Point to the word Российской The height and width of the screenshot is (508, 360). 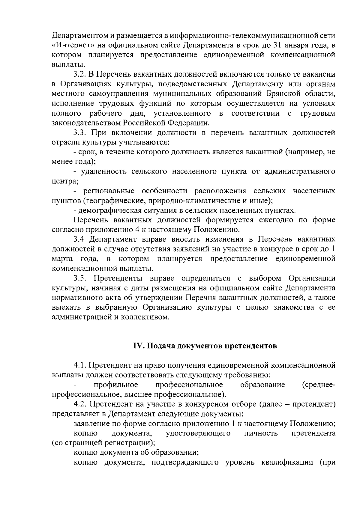click(x=144, y=123)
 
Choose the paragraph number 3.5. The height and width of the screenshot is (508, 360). click(x=81, y=278)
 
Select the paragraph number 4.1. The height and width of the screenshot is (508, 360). click(x=81, y=365)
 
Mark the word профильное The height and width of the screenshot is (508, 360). click(x=116, y=385)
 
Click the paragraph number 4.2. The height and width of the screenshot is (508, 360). click(x=81, y=404)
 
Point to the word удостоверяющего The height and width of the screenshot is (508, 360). click(x=198, y=433)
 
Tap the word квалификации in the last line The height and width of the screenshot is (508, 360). click(x=286, y=462)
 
